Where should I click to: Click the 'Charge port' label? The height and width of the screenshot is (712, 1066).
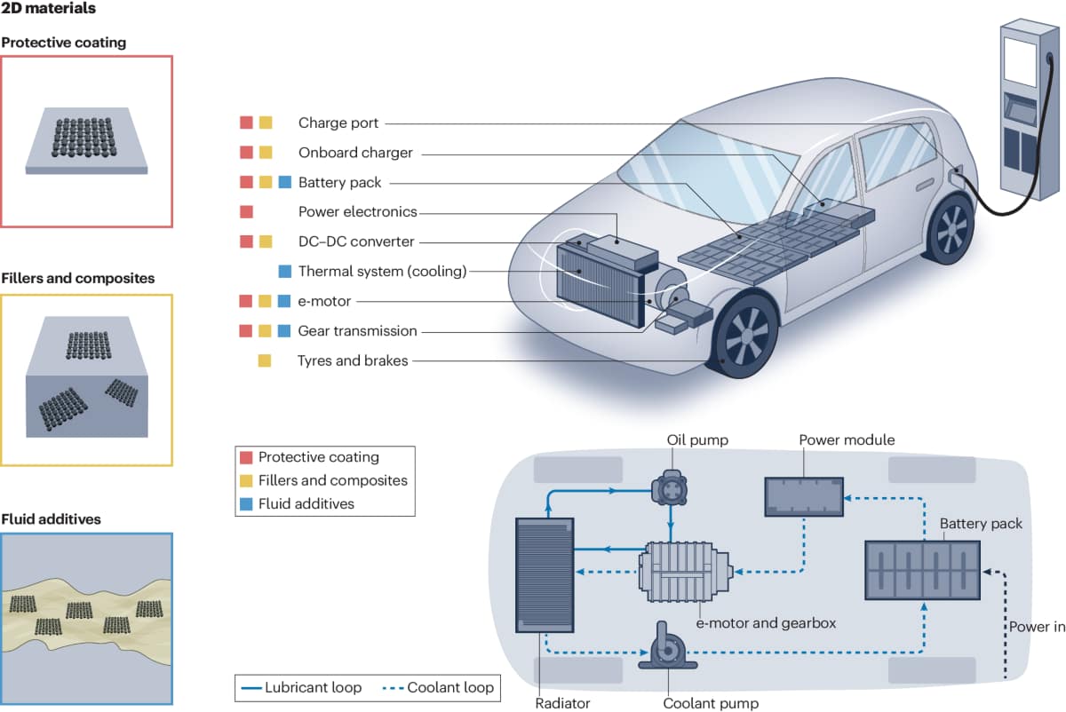338,123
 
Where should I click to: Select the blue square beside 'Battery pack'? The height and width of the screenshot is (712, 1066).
284,183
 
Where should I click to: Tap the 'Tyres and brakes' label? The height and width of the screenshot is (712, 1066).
353,360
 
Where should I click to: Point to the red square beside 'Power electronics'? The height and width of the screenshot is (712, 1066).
247,212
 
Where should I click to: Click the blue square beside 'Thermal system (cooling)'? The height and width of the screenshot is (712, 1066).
284,272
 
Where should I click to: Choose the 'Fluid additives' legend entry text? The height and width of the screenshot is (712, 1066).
306,503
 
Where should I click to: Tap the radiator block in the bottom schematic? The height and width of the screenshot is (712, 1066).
544,575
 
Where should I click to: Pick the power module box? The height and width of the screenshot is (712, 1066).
805,495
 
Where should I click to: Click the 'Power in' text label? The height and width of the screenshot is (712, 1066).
1037,627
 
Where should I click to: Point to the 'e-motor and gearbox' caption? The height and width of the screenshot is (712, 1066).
766,623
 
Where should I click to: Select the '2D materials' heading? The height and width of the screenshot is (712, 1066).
49,9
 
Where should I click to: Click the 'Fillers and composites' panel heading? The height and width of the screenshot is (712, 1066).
78,278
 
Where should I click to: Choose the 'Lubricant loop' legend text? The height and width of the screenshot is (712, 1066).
313,687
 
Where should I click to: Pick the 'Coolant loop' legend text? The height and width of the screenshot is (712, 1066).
449,687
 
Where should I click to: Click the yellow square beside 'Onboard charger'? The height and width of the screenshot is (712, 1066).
266,153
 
